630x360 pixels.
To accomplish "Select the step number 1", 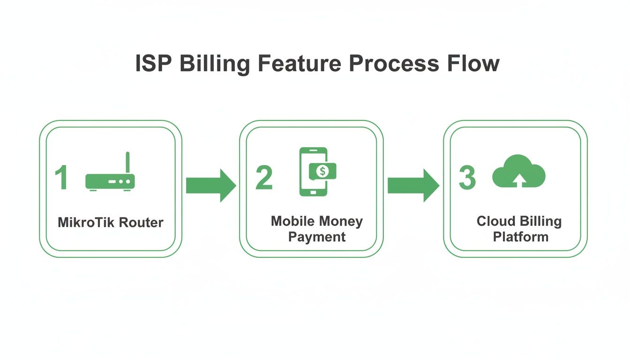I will tap(61, 178).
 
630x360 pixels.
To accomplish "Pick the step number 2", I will tap(264, 178).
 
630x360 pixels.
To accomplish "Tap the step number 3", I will tap(467, 178).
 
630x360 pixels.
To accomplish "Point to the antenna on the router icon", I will tap(127, 162).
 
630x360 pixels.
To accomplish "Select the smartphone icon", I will tap(313, 172).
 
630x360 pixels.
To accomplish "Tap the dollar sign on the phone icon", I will tap(322, 171).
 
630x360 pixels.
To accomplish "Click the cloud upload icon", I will tap(519, 172).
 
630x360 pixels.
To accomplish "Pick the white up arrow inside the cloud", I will tap(519, 180).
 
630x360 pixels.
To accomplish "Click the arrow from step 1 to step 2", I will tap(210, 186).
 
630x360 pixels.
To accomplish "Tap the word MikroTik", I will tap(85, 222).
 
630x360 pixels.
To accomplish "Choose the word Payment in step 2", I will tap(317, 237).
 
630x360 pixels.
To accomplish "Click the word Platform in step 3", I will tap(520, 237).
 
